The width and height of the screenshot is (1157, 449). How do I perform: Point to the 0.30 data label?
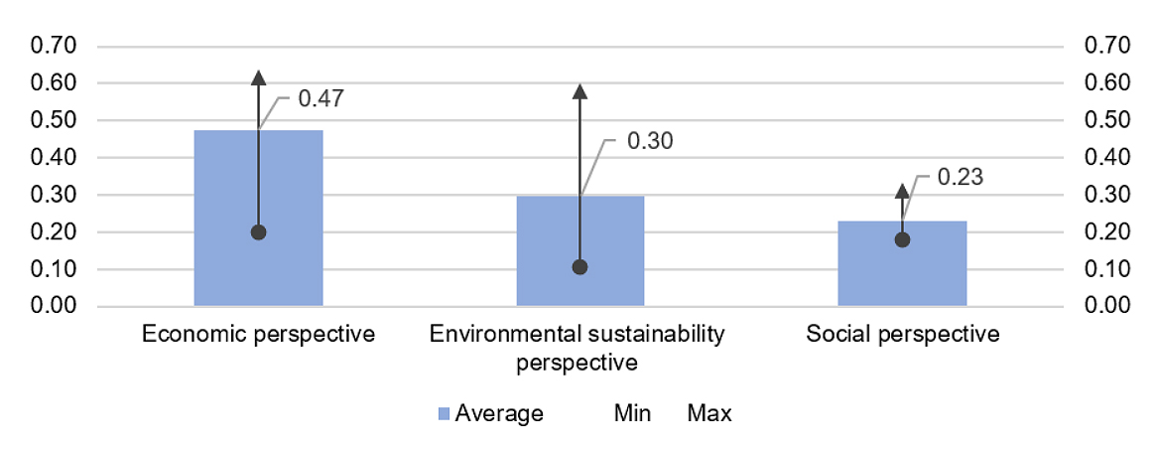(x=650, y=141)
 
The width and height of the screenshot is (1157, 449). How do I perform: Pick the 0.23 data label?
(x=959, y=179)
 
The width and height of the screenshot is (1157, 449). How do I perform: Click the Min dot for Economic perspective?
(x=258, y=232)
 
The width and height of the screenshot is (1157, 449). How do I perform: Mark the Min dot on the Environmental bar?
(x=580, y=267)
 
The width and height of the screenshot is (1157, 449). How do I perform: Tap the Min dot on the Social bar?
(x=902, y=239)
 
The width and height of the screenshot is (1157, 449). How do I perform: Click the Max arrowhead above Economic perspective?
(x=258, y=78)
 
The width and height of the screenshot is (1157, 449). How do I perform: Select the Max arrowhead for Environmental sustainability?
(x=580, y=92)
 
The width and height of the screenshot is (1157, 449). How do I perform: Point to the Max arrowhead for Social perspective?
(x=902, y=191)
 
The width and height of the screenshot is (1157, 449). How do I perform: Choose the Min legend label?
(x=631, y=413)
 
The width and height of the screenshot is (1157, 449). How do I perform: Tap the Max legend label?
(x=709, y=413)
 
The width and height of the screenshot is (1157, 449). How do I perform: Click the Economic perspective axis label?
(x=258, y=334)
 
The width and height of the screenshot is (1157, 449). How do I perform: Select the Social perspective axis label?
(x=902, y=334)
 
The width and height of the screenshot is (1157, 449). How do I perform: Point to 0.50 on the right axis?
(x=1109, y=120)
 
